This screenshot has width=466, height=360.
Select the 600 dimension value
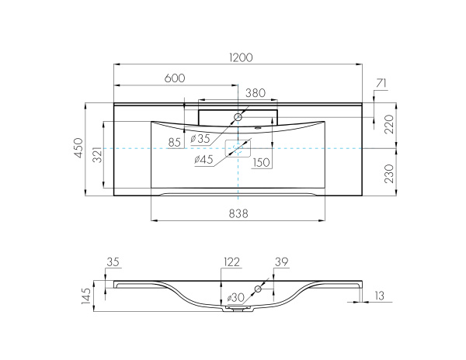click(x=175, y=78)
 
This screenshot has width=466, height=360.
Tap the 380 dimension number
click(x=256, y=92)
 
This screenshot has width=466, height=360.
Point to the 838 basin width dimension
click(x=238, y=214)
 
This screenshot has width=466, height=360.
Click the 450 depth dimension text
click(x=78, y=148)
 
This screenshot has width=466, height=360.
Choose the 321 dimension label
click(x=97, y=154)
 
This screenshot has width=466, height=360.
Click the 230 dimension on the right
click(x=389, y=172)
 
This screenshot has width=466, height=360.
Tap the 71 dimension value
click(x=381, y=82)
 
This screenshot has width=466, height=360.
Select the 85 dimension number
click(x=174, y=142)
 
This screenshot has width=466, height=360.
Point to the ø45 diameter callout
click(x=203, y=160)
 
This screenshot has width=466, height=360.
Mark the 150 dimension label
click(x=261, y=162)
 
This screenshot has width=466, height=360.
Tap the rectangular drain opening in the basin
click(x=238, y=148)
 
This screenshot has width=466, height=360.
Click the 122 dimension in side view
click(x=231, y=263)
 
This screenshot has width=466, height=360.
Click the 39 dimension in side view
click(x=280, y=263)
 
